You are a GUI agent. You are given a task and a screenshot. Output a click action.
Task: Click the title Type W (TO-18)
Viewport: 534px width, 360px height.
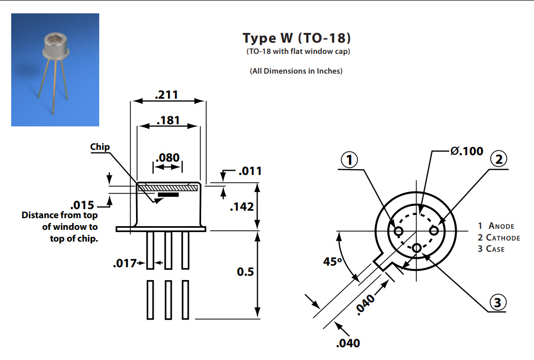(x=297, y=38)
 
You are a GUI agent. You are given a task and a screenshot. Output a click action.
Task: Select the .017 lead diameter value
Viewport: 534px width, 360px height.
(x=124, y=263)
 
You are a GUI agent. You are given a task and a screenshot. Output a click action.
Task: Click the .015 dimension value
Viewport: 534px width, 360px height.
(x=82, y=205)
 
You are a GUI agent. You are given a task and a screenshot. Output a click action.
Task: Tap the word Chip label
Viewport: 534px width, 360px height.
(x=100, y=147)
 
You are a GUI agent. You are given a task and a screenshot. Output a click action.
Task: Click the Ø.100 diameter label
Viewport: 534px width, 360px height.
(x=467, y=151)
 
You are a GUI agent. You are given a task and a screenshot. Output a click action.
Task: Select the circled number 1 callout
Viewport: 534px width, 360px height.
(x=349, y=159)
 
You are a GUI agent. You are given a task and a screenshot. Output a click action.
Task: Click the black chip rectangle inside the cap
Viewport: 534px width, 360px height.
(x=168, y=195)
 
